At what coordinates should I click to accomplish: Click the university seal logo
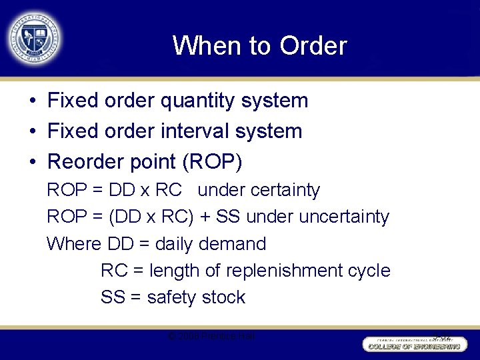(34, 37)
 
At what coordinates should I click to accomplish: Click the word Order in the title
(313, 46)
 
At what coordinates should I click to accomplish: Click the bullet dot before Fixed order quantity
(32, 101)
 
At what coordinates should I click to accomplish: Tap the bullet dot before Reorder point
(32, 161)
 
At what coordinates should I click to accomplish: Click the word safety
(173, 297)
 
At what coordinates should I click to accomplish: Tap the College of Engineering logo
(413, 343)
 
